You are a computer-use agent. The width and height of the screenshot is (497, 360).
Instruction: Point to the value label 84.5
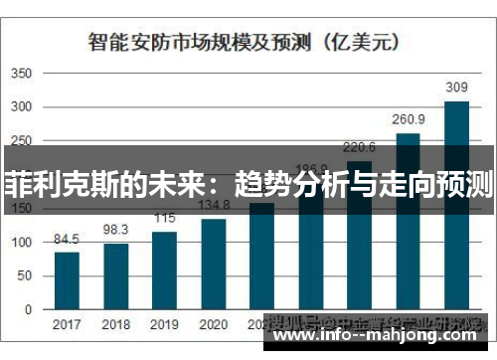[67, 239]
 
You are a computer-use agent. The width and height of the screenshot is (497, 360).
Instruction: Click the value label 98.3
[116, 230]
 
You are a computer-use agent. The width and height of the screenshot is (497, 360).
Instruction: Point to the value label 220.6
[359, 146]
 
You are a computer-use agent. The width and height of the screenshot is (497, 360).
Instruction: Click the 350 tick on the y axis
[21, 75]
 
